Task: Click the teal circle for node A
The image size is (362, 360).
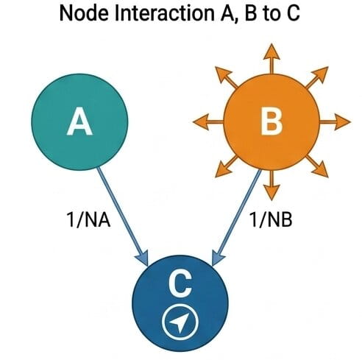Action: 79,122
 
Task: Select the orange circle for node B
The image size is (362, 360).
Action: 271,122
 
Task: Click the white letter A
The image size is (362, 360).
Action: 79,122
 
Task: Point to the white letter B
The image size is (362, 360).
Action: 271,122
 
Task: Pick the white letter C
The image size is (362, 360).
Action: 180,284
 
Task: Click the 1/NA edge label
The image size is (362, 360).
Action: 88,219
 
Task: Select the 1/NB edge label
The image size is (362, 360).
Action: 271,219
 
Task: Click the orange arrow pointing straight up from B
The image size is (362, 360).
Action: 271,59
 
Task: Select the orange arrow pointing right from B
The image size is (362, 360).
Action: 335,122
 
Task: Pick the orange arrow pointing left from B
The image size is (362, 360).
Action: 208,122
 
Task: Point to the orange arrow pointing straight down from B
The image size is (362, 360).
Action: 271,186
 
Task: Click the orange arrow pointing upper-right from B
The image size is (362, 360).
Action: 317,77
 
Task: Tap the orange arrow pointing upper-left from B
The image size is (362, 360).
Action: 226,77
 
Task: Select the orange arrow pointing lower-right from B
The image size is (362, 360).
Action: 317,166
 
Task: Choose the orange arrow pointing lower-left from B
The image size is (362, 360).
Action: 226,166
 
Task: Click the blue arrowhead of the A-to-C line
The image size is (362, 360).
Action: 142,258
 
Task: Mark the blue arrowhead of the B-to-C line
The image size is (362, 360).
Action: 218,258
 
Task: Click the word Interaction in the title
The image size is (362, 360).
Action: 164,13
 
